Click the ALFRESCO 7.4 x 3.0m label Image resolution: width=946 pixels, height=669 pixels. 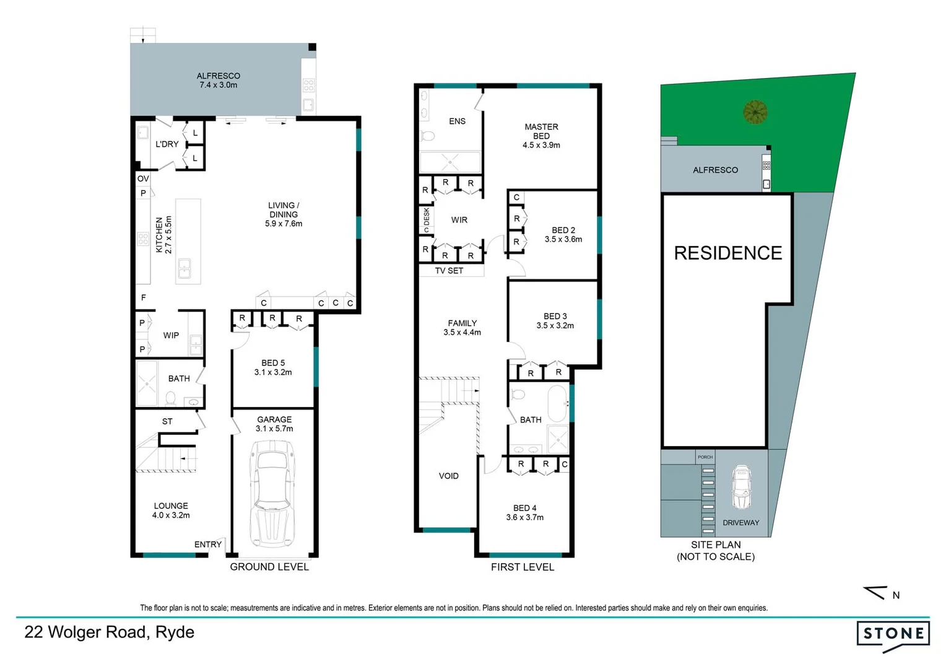218,81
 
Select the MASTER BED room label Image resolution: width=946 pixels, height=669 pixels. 541,136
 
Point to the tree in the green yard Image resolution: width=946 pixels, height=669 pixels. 755,112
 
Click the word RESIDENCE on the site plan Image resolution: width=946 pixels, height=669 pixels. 727,253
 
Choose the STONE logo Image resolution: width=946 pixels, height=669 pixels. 893,635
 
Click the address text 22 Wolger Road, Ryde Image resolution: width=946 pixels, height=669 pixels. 110,632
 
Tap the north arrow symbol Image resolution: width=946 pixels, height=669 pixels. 876,593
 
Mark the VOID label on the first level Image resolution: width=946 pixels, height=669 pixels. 448,476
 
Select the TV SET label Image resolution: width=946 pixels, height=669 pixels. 449,271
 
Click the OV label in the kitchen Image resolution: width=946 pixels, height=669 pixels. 143,178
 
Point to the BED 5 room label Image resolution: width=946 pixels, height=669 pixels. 272,367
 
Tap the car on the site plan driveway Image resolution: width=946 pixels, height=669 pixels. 740,487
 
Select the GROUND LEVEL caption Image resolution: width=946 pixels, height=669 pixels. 269,567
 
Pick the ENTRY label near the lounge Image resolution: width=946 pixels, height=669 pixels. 207,544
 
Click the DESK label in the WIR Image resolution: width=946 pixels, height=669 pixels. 426,217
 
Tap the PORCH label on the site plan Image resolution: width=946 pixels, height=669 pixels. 705,457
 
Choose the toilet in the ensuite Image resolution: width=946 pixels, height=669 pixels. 428,136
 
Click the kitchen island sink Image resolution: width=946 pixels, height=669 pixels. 184,269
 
